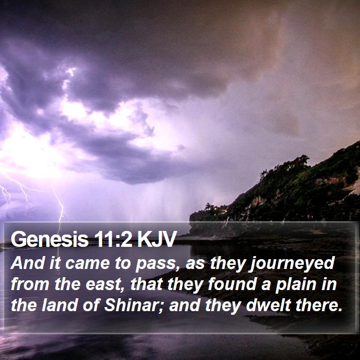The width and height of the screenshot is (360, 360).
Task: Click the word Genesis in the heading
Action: coord(49,239)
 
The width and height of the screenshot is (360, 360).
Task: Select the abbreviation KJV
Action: coord(157,239)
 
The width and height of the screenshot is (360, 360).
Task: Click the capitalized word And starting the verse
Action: coord(28,263)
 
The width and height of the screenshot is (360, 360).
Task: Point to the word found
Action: coord(232,284)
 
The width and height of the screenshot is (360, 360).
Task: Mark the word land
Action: coord(59,305)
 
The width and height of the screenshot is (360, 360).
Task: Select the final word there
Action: coord(317,305)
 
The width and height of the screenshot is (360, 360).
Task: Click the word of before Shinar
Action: coord(91,305)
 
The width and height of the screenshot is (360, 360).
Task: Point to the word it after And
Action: coord(55,263)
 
